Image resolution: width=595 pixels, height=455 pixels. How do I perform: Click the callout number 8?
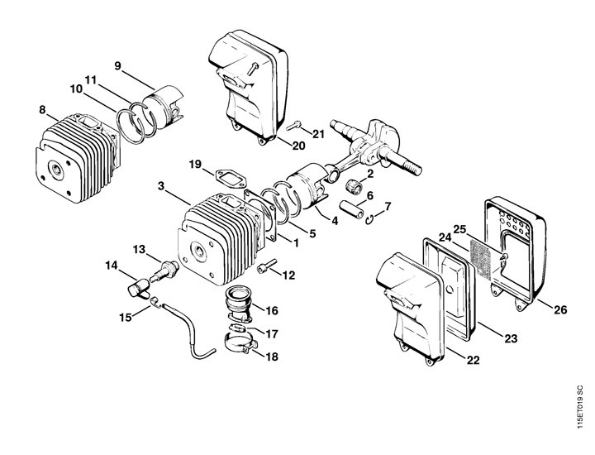pos(42,110)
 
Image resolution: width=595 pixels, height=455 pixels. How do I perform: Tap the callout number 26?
pos(560,309)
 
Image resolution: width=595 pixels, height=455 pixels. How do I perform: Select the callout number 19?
pos(195,164)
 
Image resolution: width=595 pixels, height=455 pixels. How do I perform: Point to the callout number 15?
pos(126,317)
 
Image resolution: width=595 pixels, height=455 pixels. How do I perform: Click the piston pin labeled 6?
pos(355,209)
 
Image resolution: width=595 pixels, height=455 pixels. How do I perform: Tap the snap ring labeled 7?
pos(371,219)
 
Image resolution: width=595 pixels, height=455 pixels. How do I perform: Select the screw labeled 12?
pos(267,266)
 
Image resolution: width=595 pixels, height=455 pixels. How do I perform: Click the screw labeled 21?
pos(293,125)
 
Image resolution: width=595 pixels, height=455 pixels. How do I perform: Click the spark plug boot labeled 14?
pos(138,288)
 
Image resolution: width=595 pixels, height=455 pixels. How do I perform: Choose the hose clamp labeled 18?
pos(240,342)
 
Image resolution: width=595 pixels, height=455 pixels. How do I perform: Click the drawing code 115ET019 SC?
pos(579,407)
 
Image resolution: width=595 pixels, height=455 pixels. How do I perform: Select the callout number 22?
pos(473,360)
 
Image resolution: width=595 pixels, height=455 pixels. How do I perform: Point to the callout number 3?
pos(161,186)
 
